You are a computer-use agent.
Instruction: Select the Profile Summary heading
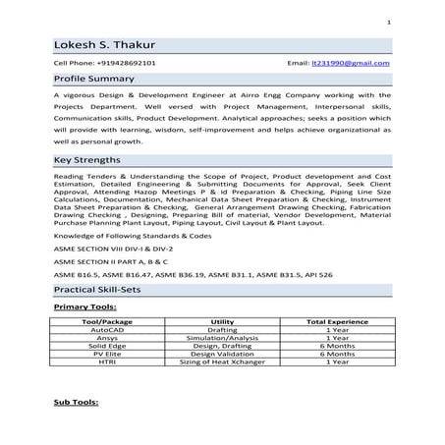(x=94, y=77)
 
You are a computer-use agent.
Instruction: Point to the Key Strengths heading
(x=87, y=158)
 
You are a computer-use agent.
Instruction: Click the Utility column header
(x=222, y=321)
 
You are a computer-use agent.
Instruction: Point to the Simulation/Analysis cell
(x=222, y=338)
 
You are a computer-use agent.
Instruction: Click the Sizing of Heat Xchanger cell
(x=222, y=362)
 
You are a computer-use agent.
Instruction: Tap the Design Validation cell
(x=222, y=354)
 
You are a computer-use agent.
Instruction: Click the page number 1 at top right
(x=389, y=22)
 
